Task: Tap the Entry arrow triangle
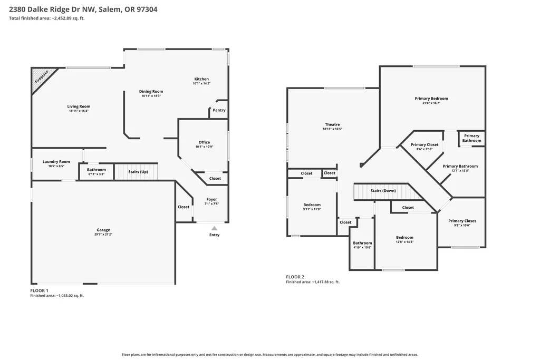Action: (x=214, y=228)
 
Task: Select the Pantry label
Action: (x=219, y=110)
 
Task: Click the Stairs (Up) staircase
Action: (x=136, y=171)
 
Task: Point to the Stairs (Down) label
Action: (x=383, y=191)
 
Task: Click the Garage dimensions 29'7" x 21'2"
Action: (x=103, y=235)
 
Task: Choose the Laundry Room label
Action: (x=56, y=161)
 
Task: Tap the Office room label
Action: (x=204, y=142)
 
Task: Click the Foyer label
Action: (x=212, y=199)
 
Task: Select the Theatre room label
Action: (x=332, y=124)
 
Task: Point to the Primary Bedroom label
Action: (x=431, y=99)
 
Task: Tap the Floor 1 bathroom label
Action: (x=97, y=170)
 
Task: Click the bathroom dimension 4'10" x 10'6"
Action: (x=362, y=247)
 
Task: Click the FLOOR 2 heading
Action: (x=295, y=277)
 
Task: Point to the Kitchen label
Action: (x=201, y=79)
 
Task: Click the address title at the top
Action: (x=83, y=9)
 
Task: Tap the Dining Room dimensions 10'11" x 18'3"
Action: (x=151, y=96)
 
